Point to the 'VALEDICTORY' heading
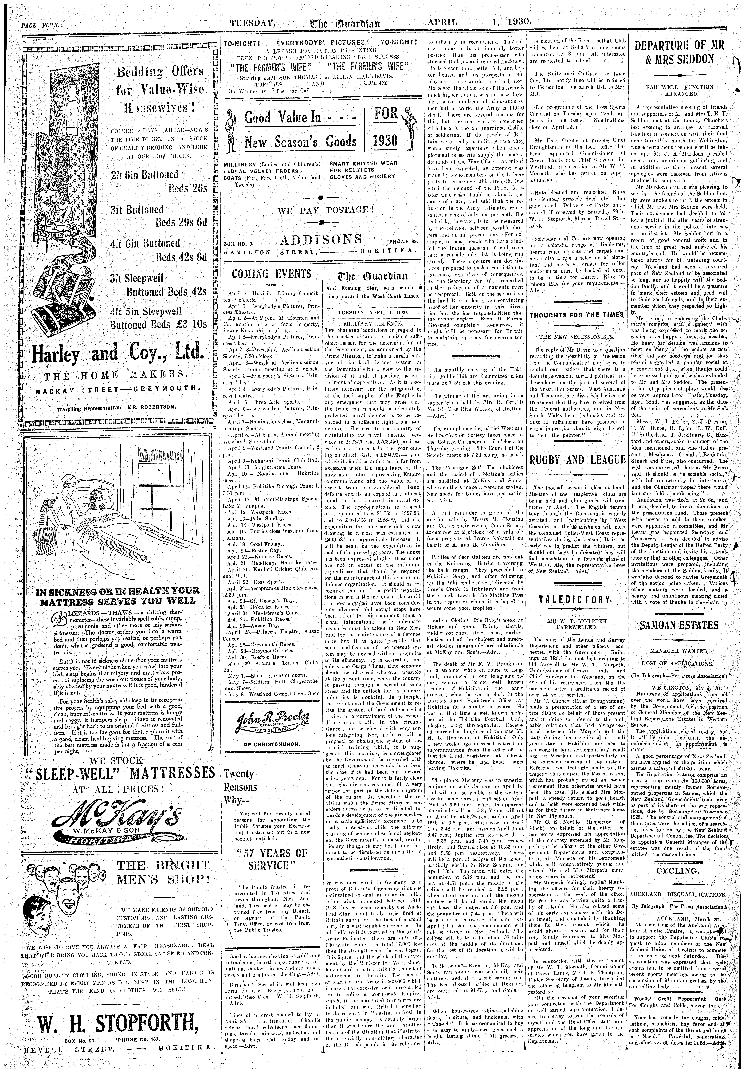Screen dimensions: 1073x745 coord(576,599)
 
